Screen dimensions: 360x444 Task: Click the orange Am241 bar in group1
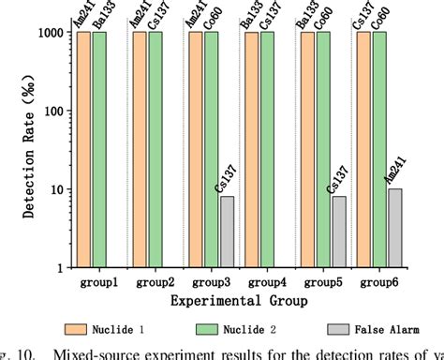(84, 150)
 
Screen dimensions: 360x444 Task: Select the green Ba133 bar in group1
(100, 150)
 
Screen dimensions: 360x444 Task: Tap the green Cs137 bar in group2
(155, 150)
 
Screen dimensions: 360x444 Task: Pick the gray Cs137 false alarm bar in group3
(228, 232)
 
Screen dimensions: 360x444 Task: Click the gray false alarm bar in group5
(338, 232)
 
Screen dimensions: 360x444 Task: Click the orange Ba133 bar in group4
(250, 150)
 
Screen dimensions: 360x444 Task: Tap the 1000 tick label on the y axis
(48, 33)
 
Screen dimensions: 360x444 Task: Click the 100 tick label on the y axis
(52, 111)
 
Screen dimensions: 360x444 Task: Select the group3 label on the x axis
(210, 280)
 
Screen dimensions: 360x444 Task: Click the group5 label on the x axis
(321, 280)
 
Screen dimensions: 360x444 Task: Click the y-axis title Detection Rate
(13, 150)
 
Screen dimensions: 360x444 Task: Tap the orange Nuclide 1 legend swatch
(78, 328)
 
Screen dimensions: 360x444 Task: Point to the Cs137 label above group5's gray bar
(333, 177)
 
